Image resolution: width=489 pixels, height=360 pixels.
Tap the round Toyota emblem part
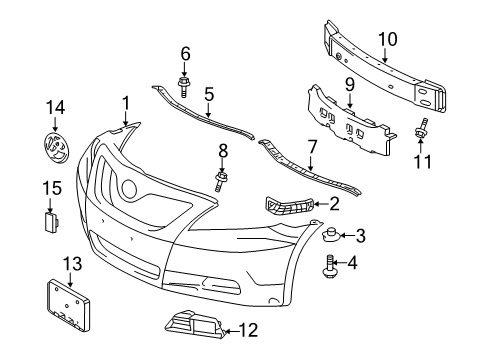tap(56, 146)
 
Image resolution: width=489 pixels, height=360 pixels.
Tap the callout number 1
tap(126, 102)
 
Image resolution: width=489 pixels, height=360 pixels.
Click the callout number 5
tap(209, 96)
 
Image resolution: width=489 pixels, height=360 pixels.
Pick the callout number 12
tap(250, 329)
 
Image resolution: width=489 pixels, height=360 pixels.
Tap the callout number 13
tap(70, 262)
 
